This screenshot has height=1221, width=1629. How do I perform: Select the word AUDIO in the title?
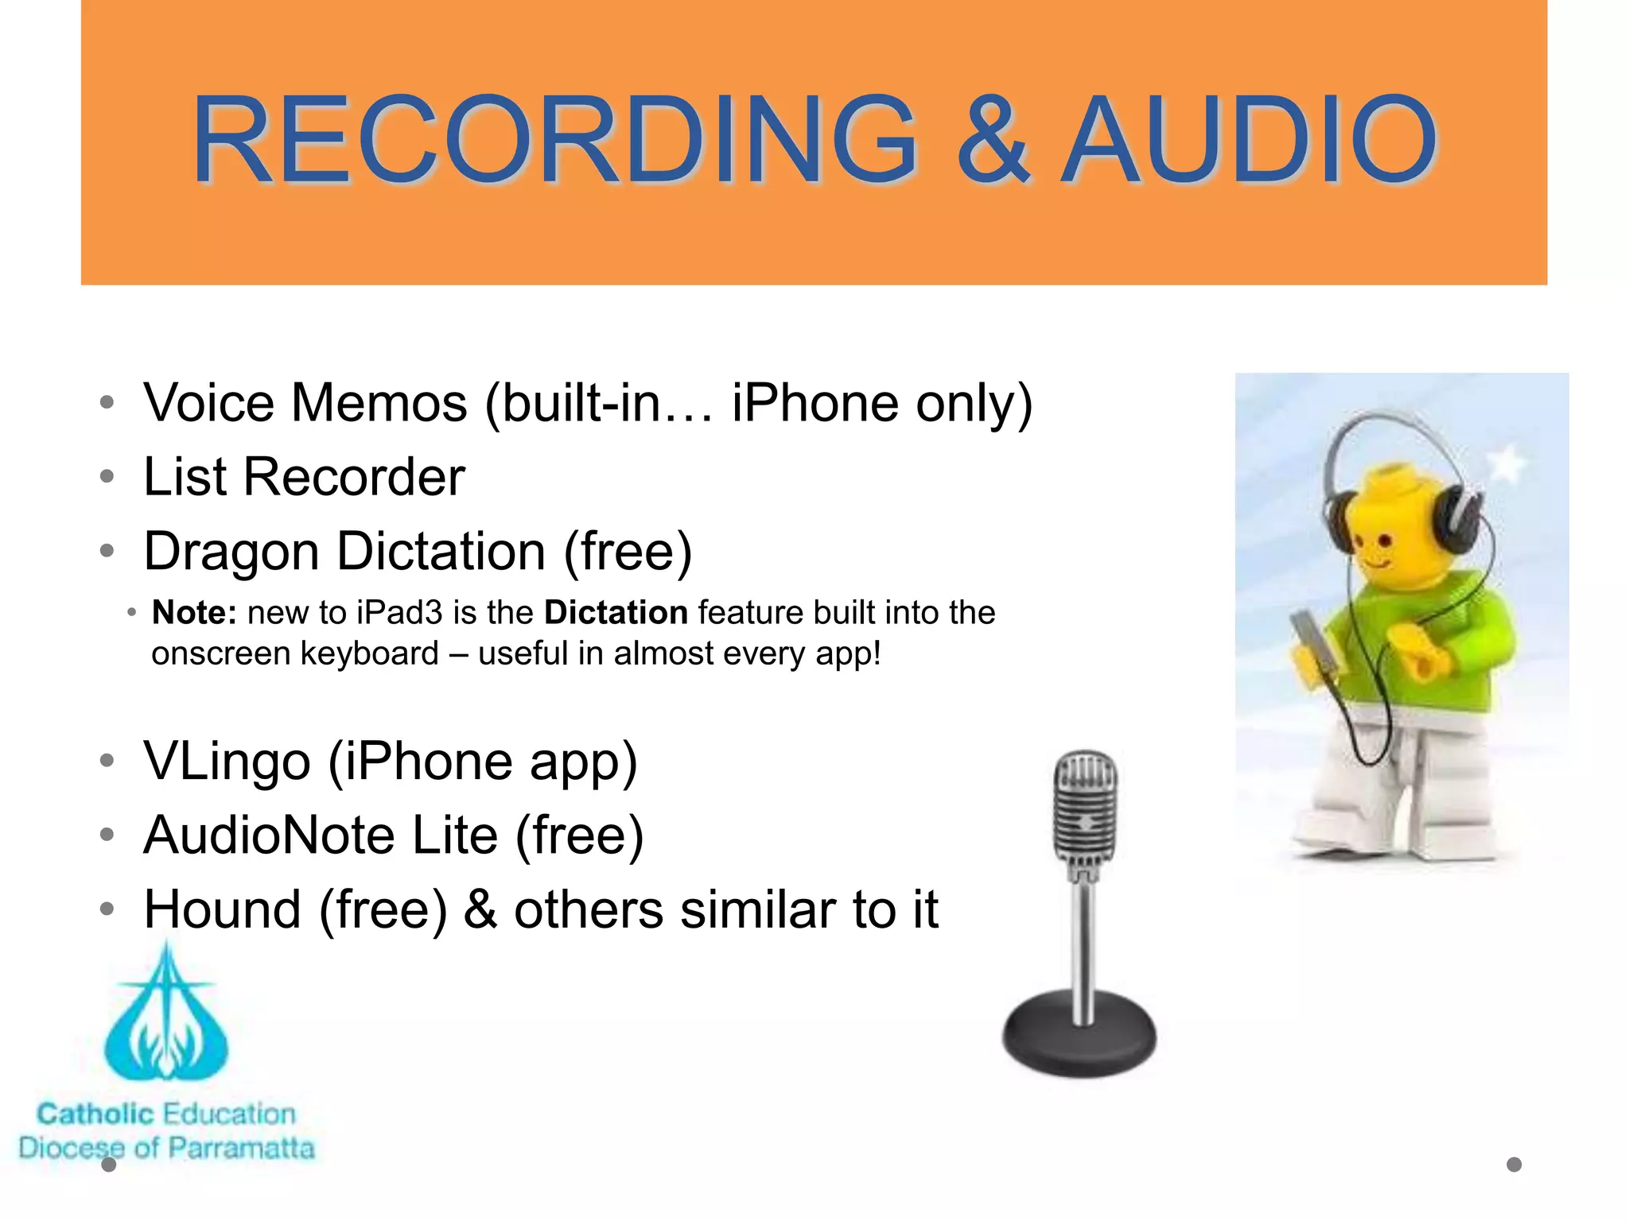point(1250,140)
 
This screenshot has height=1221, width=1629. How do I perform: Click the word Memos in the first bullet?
point(379,403)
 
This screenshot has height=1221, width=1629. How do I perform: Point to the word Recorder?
point(354,477)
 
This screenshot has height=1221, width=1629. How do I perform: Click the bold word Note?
point(194,613)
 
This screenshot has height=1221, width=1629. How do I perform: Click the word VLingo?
point(227,762)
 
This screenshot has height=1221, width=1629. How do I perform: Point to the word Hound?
point(222,909)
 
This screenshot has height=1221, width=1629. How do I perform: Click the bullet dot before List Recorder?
point(107,477)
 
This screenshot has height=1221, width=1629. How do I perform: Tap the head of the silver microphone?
point(1085,807)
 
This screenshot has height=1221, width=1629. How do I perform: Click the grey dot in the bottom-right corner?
point(1514,1165)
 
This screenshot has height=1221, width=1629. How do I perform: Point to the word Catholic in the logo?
point(95,1114)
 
